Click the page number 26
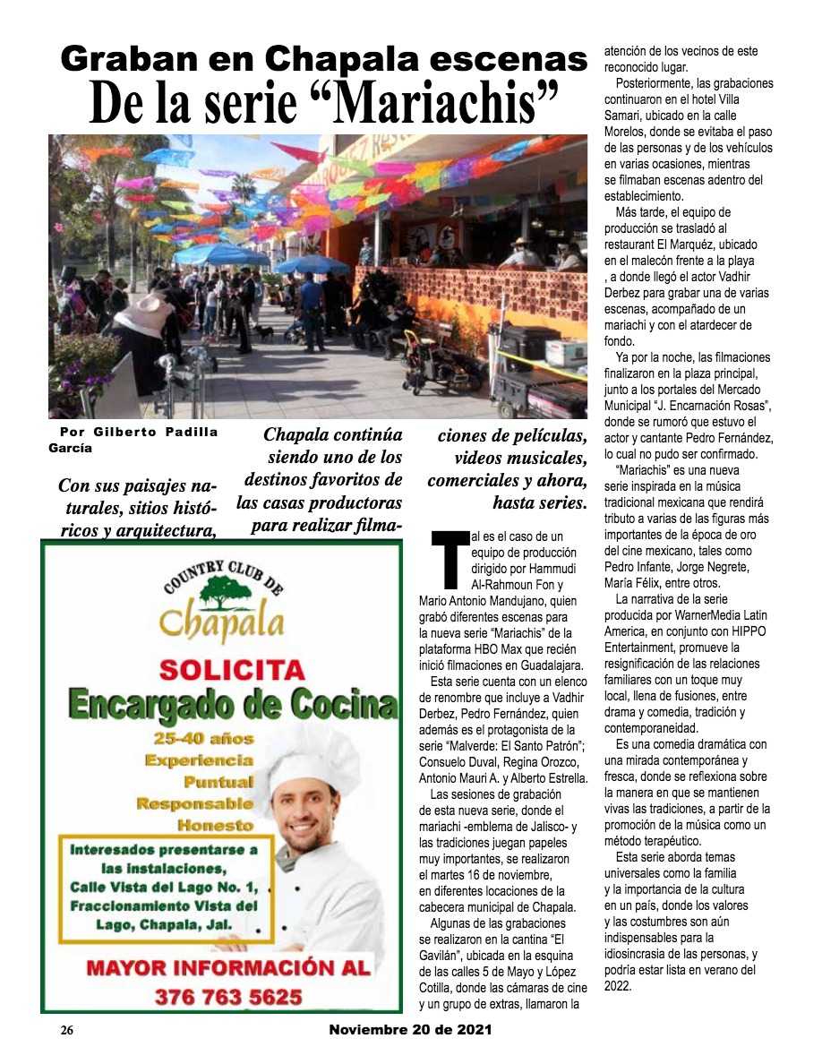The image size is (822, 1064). coord(66,1031)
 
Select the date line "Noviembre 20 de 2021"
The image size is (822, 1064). coord(410,1030)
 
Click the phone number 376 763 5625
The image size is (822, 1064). coord(228,996)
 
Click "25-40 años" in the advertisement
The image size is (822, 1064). coord(203,739)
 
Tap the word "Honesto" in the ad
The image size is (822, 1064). coord(215,825)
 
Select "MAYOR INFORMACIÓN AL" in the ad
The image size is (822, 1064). coord(227,967)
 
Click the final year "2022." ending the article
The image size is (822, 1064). coord(619,986)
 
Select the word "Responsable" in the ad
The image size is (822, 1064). coord(195,803)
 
